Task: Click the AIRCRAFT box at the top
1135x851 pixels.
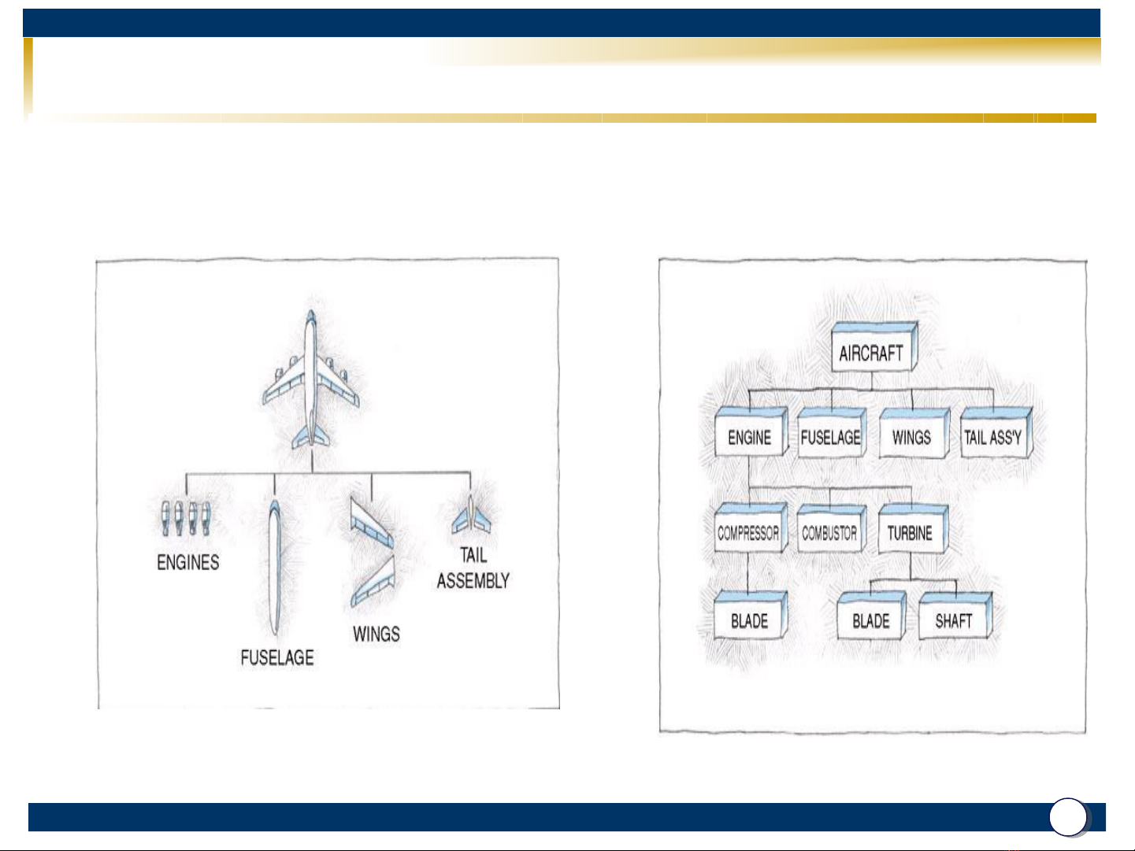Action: pyautogui.click(x=871, y=352)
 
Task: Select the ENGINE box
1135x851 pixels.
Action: pyautogui.click(x=749, y=437)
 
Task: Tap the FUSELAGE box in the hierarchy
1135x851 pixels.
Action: pyautogui.click(x=830, y=437)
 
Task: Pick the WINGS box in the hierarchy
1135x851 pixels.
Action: pyautogui.click(x=911, y=437)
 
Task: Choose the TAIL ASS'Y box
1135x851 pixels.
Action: pyautogui.click(x=993, y=437)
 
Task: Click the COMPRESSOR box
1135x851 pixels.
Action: pyautogui.click(x=747, y=533)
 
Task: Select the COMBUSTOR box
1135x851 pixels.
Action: pyautogui.click(x=829, y=533)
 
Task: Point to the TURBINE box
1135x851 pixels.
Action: pyautogui.click(x=910, y=533)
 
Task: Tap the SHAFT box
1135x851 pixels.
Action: pyautogui.click(x=953, y=620)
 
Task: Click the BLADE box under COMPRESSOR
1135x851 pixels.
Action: pyautogui.click(x=749, y=620)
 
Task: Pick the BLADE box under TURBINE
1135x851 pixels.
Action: pyautogui.click(x=870, y=620)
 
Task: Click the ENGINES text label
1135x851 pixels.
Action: pyautogui.click(x=188, y=562)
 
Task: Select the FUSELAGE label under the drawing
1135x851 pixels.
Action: pyautogui.click(x=277, y=657)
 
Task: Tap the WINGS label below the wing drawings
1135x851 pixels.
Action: pyautogui.click(x=376, y=634)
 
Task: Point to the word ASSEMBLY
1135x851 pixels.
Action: pyautogui.click(x=473, y=581)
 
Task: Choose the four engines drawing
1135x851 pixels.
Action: pyautogui.click(x=184, y=518)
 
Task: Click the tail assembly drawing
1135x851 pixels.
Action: pyautogui.click(x=471, y=516)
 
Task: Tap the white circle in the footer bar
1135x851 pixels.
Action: pyautogui.click(x=1068, y=817)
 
